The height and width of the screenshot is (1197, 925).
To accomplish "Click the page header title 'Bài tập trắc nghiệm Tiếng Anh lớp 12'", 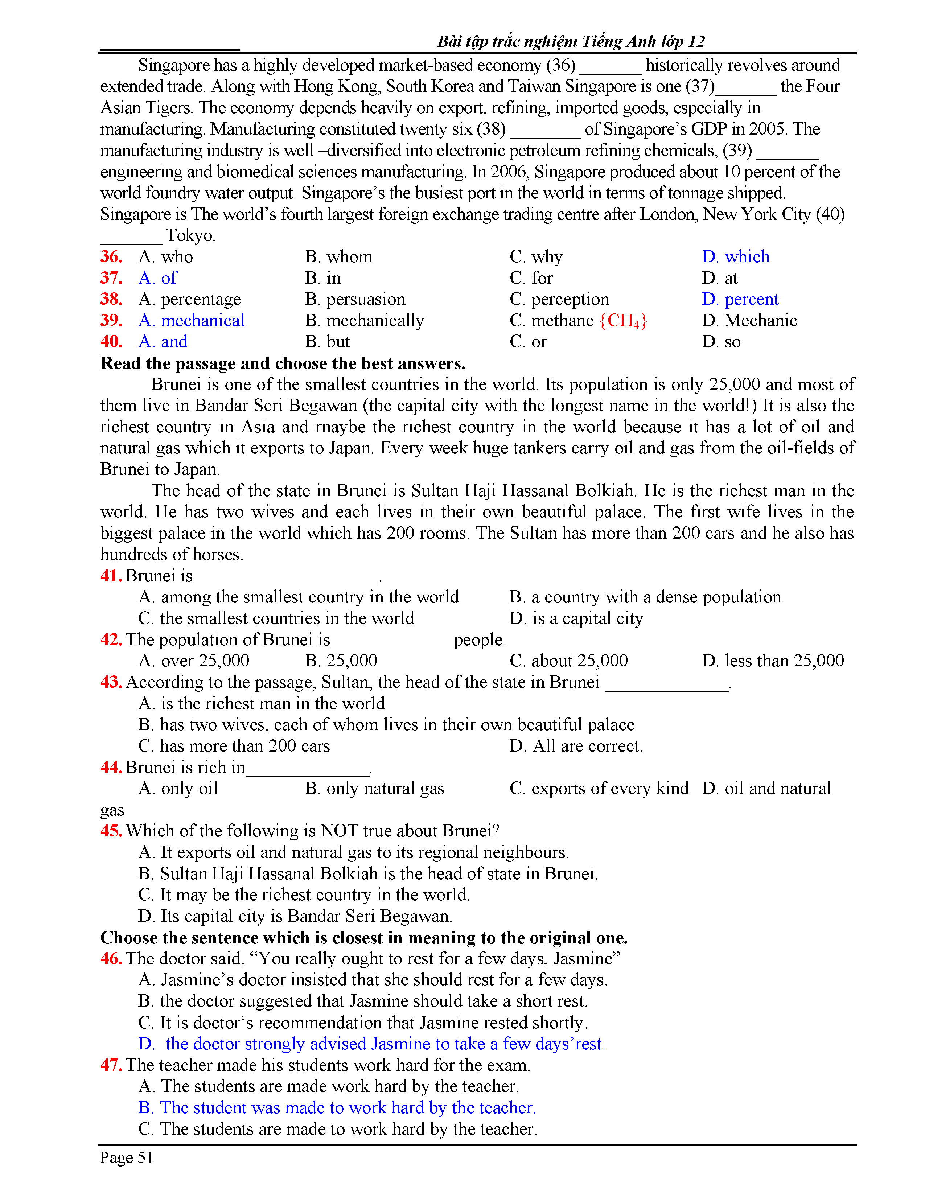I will [571, 41].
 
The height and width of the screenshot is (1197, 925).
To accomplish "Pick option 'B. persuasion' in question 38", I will [355, 299].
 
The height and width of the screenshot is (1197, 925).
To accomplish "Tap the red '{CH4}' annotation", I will [623, 321].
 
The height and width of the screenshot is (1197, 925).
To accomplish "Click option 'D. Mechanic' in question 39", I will [749, 321].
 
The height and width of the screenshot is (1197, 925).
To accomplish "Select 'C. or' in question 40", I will [528, 342].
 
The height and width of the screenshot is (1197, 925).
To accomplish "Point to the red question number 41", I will [111, 576].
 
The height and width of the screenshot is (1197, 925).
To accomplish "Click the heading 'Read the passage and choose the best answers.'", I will [283, 363].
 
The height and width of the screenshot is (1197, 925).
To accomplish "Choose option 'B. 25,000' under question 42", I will [341, 661].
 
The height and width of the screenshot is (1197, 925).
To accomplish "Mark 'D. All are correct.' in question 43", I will [576, 746].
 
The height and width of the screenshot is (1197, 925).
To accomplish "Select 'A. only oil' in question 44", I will [178, 789].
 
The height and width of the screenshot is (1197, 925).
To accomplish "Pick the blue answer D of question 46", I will [371, 1044].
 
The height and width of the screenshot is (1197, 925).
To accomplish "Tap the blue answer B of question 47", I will [337, 1108].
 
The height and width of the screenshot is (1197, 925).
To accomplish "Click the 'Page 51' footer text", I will [127, 1157].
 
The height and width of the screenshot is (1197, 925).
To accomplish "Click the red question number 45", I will [111, 831].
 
